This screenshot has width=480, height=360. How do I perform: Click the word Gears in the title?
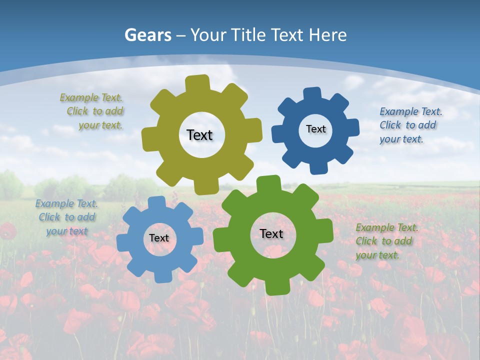click(148, 35)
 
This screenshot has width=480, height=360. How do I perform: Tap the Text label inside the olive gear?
click(199, 135)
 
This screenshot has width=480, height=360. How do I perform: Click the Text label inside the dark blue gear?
click(315, 129)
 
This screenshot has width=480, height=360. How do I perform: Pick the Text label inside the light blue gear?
click(159, 238)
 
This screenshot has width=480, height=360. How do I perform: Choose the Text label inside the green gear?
click(271, 233)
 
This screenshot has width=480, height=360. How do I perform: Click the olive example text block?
click(92, 111)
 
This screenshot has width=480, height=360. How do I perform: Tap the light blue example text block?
click(66, 217)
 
